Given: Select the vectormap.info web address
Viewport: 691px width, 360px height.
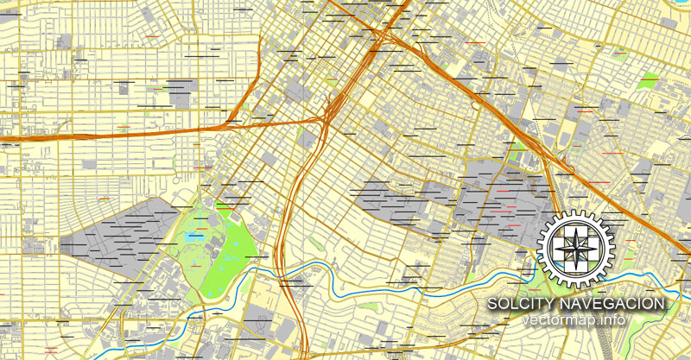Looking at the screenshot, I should click(x=576, y=321).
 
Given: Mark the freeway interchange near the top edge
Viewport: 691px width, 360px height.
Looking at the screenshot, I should click(x=380, y=39).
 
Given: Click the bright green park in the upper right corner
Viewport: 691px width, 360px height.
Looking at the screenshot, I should click(x=648, y=84).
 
